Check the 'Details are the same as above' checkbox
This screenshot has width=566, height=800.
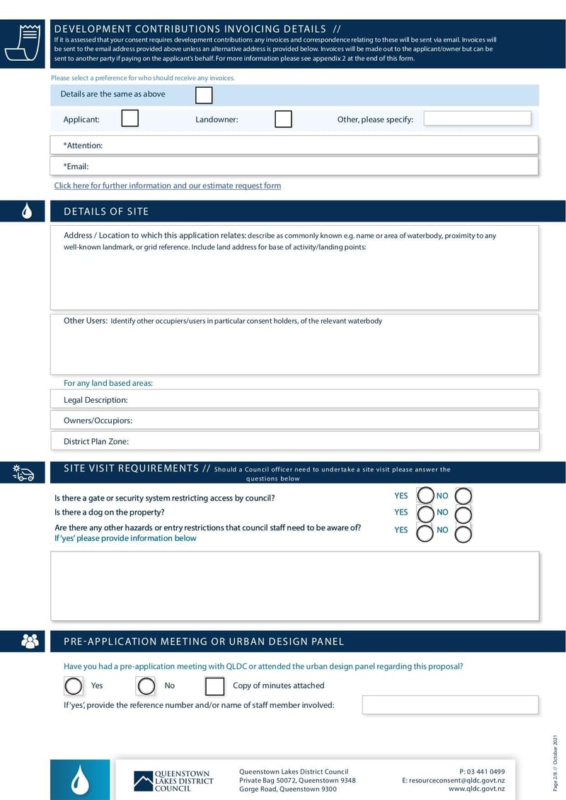204,95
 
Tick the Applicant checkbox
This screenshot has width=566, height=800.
129,118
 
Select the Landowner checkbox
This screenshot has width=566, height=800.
283,119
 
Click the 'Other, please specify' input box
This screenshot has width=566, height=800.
477,118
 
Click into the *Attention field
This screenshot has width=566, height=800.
318,145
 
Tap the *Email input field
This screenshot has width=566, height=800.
318,166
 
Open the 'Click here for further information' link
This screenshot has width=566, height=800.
168,185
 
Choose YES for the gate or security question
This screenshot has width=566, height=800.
425,496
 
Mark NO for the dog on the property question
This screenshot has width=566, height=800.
463,514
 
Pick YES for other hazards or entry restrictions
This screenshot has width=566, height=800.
425,533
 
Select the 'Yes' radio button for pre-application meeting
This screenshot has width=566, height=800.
74,685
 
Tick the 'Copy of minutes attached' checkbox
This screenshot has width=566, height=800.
214,686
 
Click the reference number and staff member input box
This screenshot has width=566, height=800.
450,704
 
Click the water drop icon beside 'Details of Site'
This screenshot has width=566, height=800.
27,211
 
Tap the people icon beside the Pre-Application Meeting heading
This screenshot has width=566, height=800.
30,641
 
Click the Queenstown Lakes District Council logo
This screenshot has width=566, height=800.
173,781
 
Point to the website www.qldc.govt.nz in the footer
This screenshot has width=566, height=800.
476,789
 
